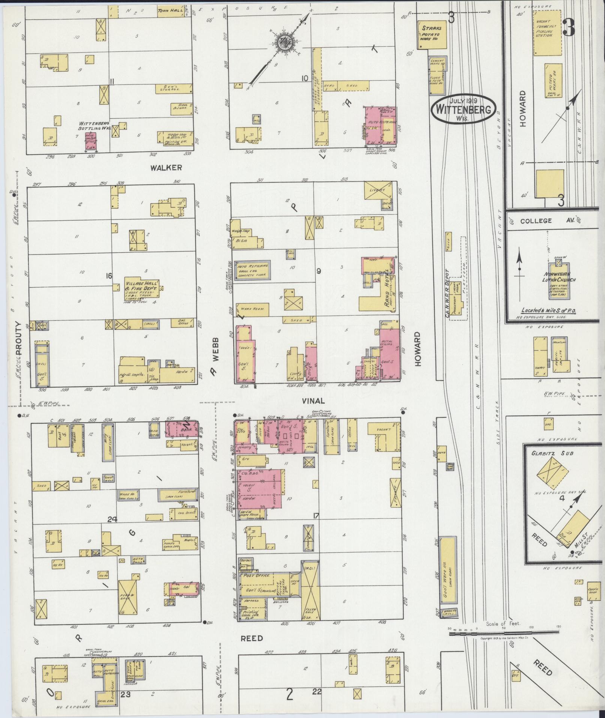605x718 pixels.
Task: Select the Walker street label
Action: pos(166,168)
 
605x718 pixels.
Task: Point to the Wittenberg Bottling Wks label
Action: pos(93,126)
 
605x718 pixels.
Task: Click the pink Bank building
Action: pos(183,430)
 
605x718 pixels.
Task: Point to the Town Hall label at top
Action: pos(170,11)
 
